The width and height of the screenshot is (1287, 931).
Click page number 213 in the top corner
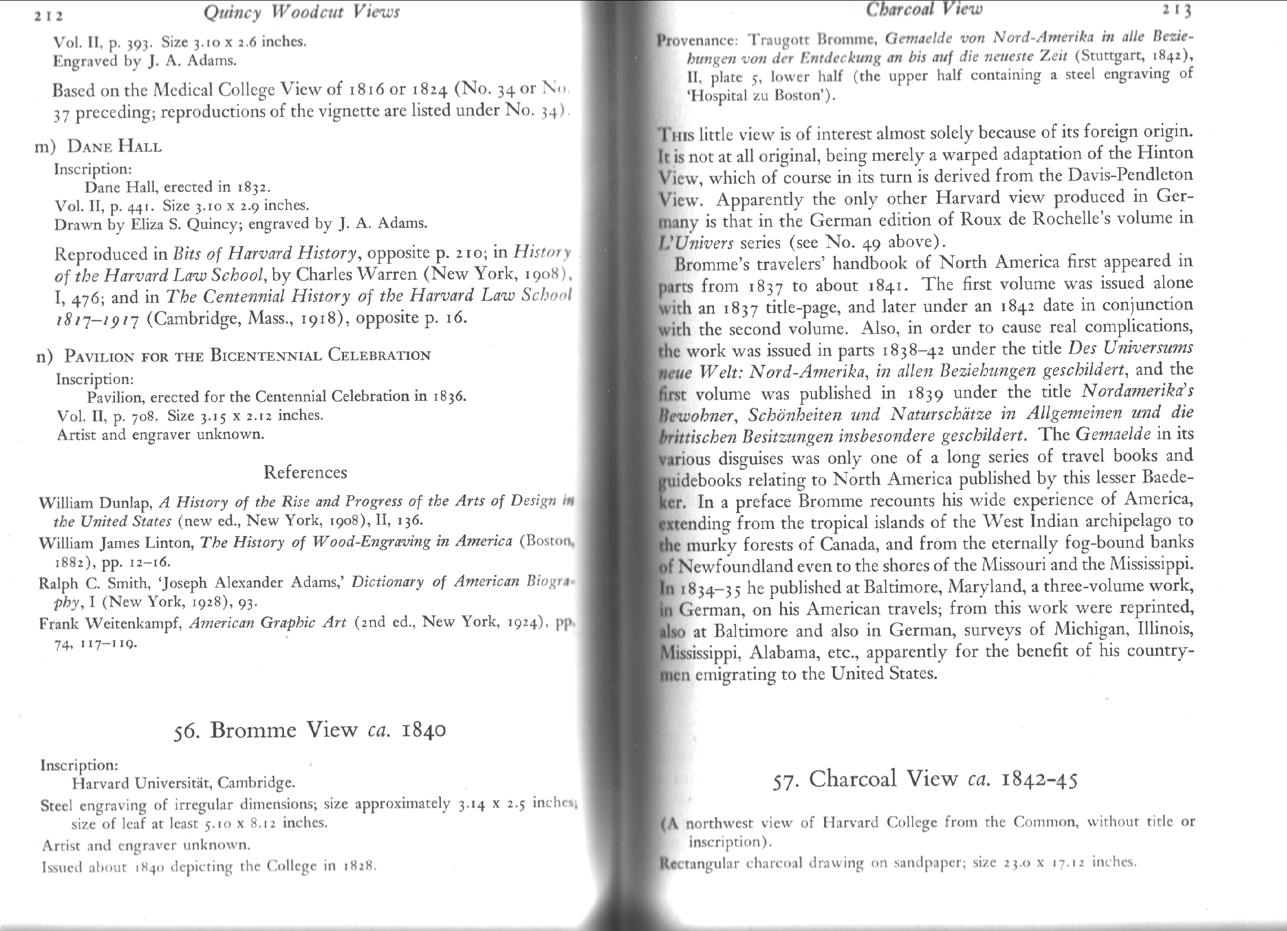pos(1175,10)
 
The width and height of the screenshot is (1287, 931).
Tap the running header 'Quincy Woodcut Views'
pos(301,12)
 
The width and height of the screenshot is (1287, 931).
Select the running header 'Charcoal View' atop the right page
pos(924,8)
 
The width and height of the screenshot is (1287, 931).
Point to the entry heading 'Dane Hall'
pos(114,146)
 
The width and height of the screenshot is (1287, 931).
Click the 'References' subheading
pos(306,472)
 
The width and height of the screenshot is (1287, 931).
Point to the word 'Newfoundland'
pos(735,566)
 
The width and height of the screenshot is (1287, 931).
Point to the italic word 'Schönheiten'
pos(814,415)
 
